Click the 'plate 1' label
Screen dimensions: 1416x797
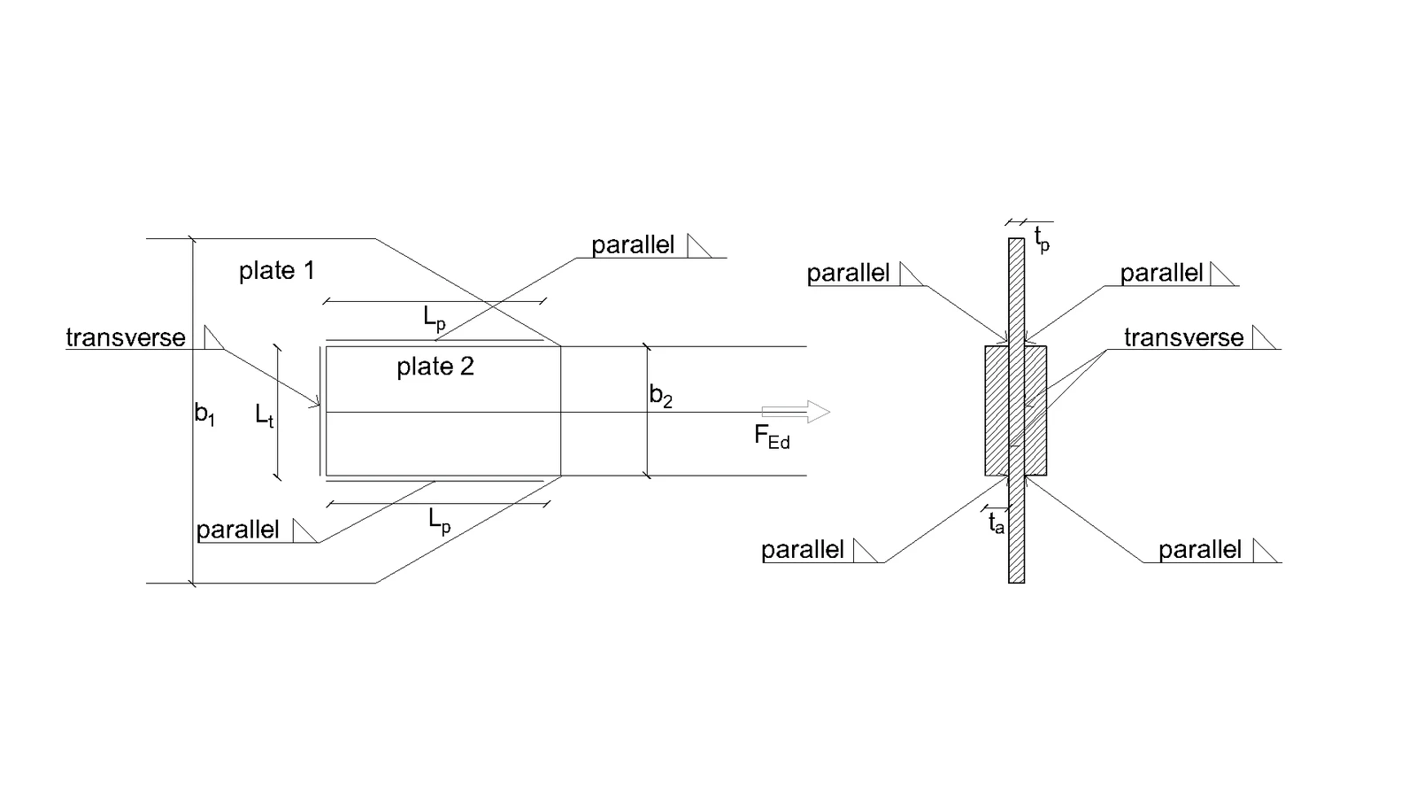276,271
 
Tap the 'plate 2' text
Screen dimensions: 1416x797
435,367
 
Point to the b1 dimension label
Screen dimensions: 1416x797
204,415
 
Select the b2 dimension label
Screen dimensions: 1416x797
660,396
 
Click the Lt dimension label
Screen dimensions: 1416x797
265,416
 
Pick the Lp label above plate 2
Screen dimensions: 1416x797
435,318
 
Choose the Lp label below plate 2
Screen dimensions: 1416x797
439,522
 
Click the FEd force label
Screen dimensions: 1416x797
772,437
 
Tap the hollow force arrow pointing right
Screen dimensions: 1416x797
796,412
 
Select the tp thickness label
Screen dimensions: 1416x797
1042,240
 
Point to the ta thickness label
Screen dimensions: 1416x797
997,523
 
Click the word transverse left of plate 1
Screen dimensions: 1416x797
126,337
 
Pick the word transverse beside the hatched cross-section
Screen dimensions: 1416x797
1183,337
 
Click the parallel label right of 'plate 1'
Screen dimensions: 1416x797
633,245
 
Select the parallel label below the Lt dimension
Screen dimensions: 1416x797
238,530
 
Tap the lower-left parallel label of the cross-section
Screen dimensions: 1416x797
802,550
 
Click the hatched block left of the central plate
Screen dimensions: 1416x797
997,411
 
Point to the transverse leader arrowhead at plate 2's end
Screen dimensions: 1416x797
316,403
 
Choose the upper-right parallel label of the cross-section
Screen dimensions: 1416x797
1161,274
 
